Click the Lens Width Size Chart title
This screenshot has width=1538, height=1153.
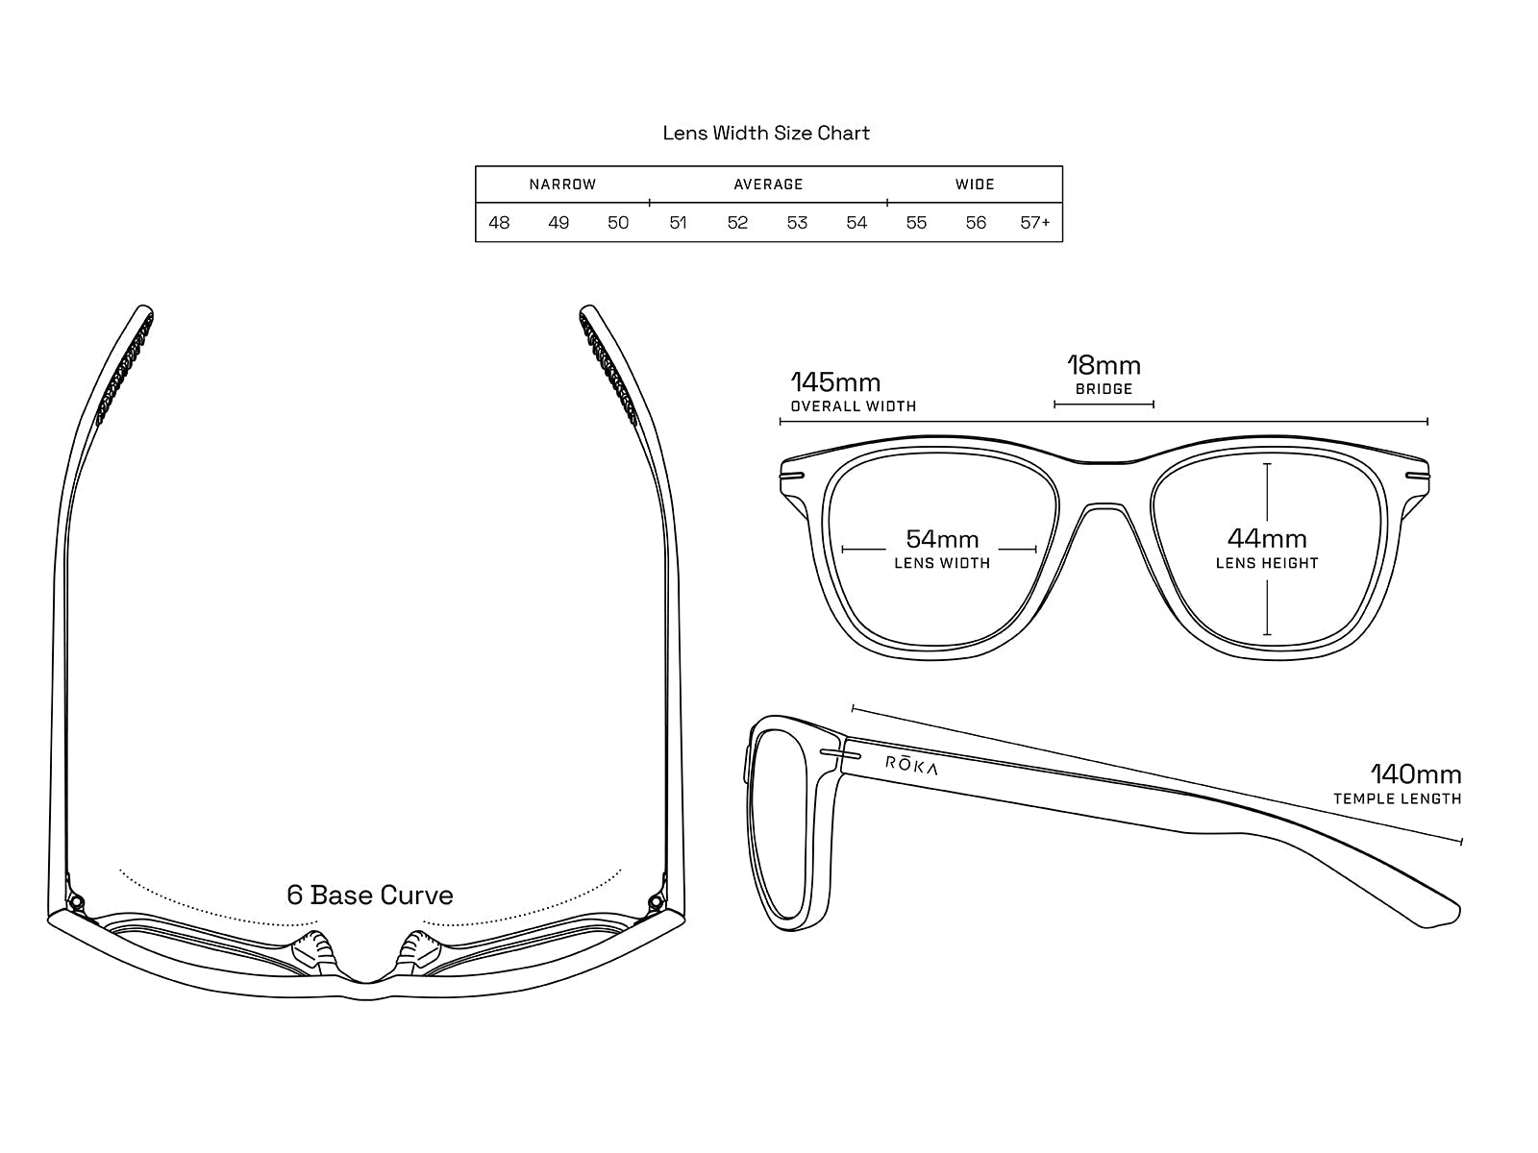(766, 134)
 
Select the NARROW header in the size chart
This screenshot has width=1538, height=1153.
(562, 184)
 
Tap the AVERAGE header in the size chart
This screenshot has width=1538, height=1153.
(768, 184)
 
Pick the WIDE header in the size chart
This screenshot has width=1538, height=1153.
(975, 184)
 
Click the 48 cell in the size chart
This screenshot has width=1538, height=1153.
(499, 223)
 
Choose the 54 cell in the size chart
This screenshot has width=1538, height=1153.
(856, 223)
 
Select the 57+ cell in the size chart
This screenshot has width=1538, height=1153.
(1035, 223)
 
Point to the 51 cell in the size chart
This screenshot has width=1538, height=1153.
(678, 223)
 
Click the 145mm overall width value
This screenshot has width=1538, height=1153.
(835, 382)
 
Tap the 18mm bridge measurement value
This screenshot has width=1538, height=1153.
(1104, 366)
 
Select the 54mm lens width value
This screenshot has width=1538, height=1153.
(942, 539)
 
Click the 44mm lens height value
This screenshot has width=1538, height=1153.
(1267, 539)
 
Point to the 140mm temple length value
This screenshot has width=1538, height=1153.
(1415, 774)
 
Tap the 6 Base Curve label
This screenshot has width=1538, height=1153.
(370, 895)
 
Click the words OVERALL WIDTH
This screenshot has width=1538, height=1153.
(854, 406)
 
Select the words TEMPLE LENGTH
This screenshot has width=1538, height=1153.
(1397, 799)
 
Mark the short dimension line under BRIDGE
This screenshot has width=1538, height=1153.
(1104, 405)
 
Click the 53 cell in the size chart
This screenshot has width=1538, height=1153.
(797, 223)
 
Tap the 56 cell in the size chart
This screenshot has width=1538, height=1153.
(976, 223)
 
